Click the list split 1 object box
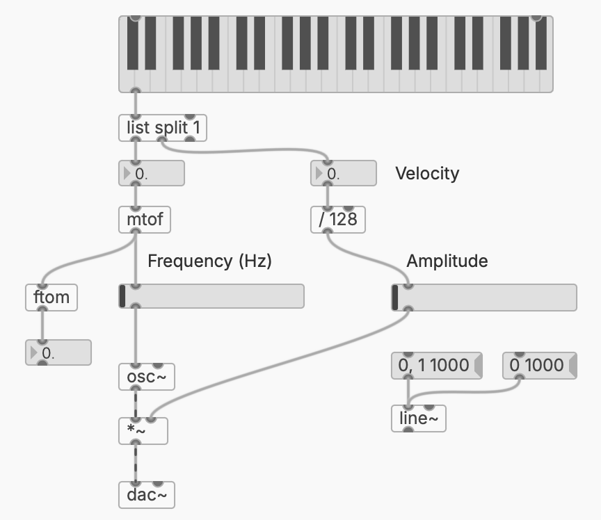point(163,129)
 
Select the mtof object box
point(144,220)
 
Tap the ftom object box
point(51,298)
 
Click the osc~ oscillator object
point(146,377)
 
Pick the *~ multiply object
point(143,431)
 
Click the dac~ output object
point(146,496)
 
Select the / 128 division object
point(337,220)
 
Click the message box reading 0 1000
point(536,365)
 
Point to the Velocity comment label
point(427,173)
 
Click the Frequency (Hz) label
point(209,261)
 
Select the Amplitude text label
point(447,261)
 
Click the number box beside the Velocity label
point(343,174)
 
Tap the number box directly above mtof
point(152,174)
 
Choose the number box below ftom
point(58,352)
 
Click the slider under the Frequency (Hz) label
point(211,296)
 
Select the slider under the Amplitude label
point(484,298)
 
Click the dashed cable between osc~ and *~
point(135,404)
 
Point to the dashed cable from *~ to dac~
point(135,464)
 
